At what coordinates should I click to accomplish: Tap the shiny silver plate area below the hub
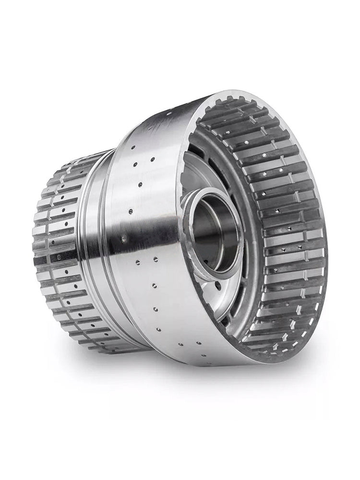pyautogui.click(x=206, y=298)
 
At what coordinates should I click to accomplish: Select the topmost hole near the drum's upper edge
pyautogui.click(x=169, y=114)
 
